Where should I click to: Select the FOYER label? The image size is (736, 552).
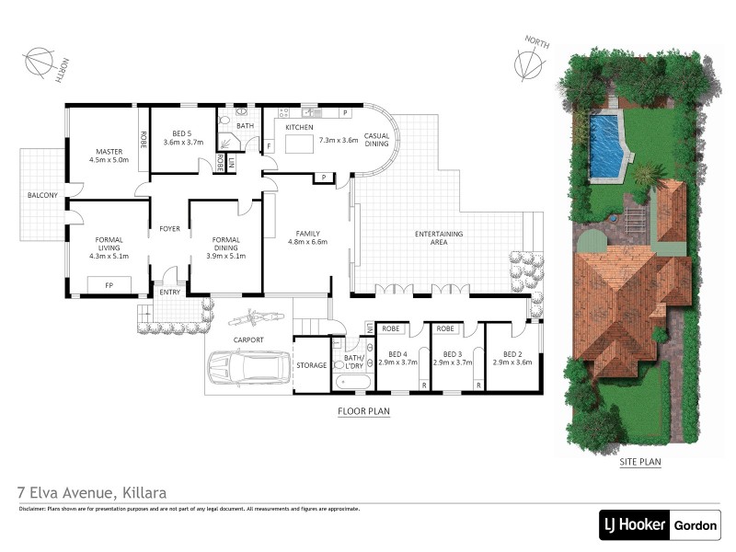pyautogui.click(x=169, y=228)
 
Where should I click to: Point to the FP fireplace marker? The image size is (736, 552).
pyautogui.click(x=109, y=286)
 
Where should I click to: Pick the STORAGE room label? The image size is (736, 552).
pyautogui.click(x=311, y=365)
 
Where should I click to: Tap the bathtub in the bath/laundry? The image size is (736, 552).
pyautogui.click(x=352, y=379)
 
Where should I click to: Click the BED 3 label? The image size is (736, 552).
pyautogui.click(x=452, y=354)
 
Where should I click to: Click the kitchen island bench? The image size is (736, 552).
pyautogui.click(x=299, y=144)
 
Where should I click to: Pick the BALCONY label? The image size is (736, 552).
pyautogui.click(x=42, y=195)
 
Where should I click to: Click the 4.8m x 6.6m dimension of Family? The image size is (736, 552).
pyautogui.click(x=308, y=243)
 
